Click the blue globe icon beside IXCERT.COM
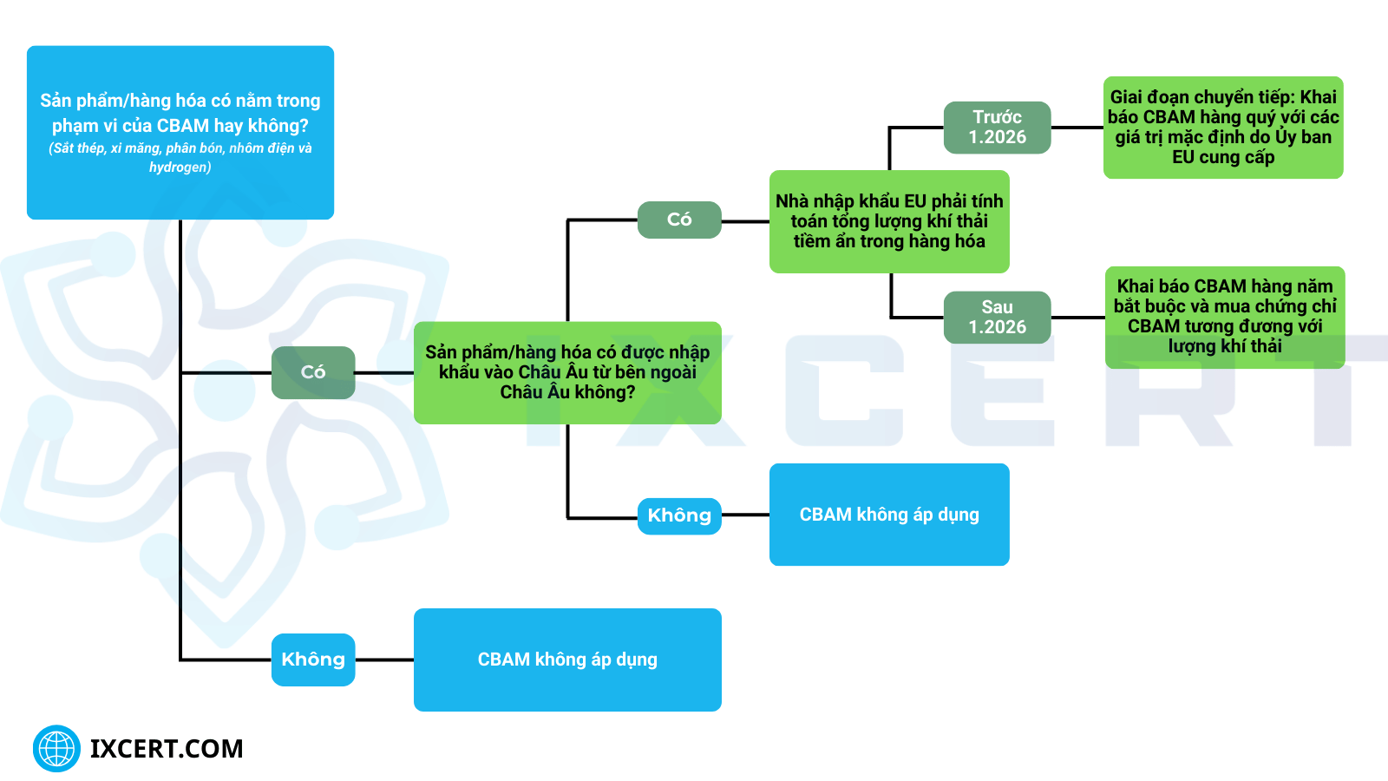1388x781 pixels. (56, 748)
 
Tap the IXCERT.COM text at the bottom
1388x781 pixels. (167, 749)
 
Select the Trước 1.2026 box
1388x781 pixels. (997, 128)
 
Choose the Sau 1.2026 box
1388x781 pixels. (997, 318)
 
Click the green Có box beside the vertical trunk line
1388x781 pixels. (313, 372)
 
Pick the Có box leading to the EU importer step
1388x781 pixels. (679, 220)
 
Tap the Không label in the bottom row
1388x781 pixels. (313, 660)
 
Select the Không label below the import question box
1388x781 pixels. (679, 515)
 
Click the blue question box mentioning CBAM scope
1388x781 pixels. (180, 132)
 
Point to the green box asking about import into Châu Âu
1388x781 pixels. (567, 372)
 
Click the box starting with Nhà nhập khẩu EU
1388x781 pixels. (889, 221)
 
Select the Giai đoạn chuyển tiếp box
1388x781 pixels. (1223, 128)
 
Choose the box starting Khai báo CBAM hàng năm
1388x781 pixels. (1225, 317)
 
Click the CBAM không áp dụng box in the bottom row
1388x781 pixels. (567, 660)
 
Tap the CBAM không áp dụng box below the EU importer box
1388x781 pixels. (889, 515)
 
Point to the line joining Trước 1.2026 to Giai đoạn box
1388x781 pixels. (1077, 128)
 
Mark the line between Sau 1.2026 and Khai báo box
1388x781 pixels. (1077, 318)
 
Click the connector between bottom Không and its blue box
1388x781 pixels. (384, 660)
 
